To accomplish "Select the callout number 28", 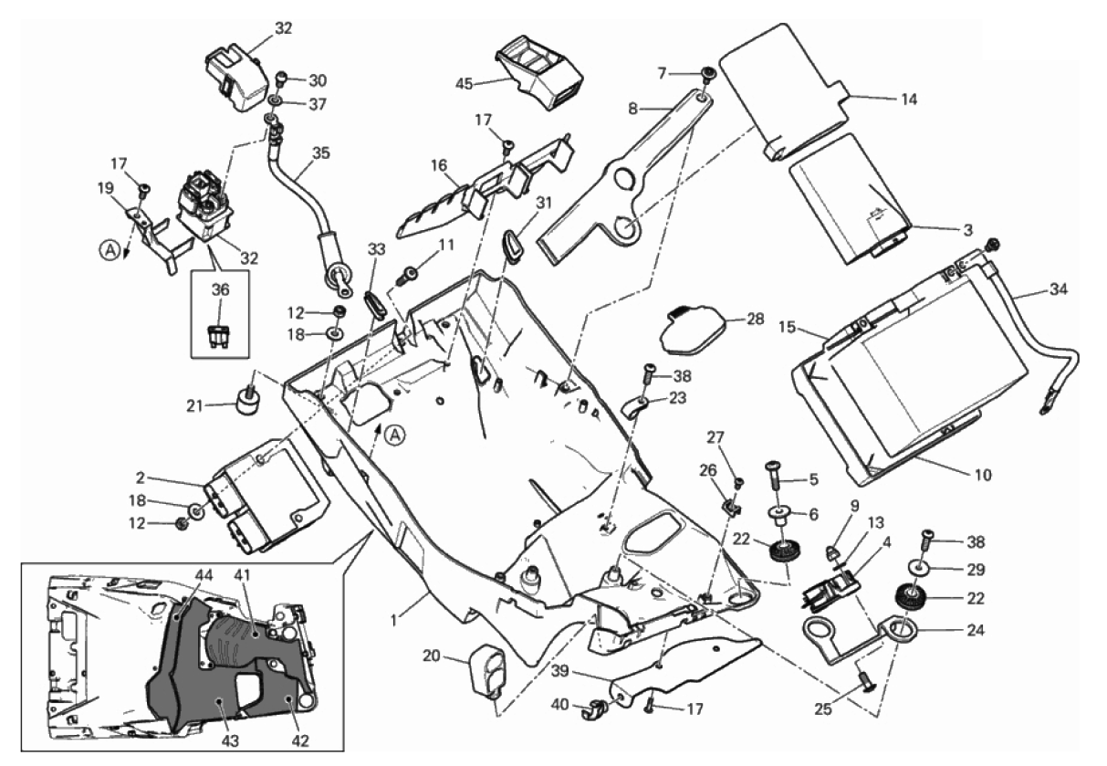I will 756,320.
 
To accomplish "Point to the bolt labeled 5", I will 775,473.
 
